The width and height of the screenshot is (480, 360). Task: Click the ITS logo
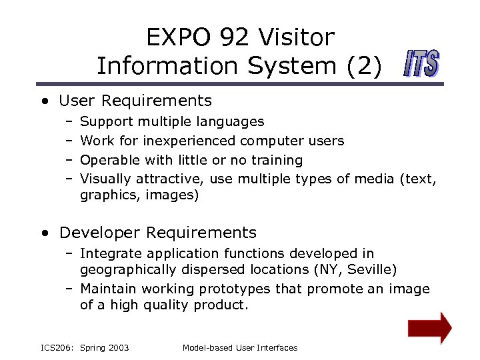(421, 65)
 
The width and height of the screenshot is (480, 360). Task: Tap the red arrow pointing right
(429, 327)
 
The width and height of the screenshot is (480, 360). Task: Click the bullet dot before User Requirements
(44, 102)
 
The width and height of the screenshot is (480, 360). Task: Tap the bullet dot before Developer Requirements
(44, 233)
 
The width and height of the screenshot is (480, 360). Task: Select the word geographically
(127, 270)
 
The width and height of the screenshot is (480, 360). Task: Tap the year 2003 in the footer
(119, 348)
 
